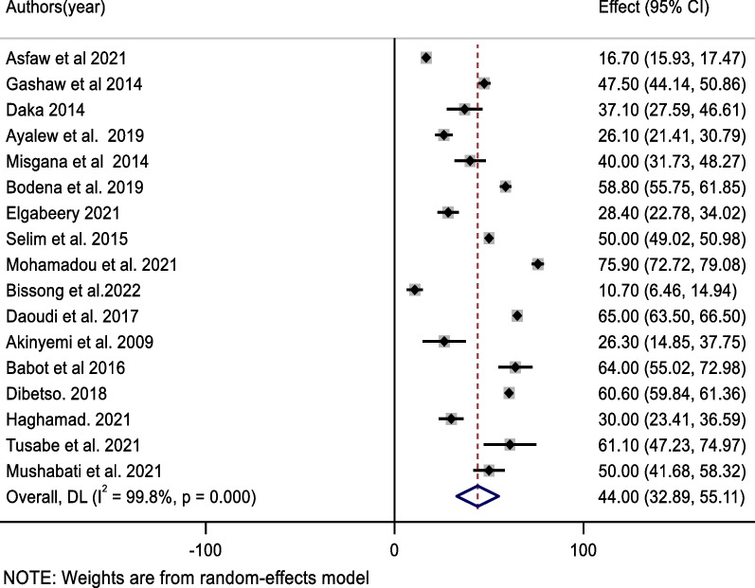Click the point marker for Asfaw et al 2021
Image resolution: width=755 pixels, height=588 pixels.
425,59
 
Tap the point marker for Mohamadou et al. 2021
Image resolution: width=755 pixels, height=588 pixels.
538,264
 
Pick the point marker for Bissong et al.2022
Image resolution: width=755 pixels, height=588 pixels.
414,290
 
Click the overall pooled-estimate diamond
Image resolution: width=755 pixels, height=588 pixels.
477,495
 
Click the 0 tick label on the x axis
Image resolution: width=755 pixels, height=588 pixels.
394,548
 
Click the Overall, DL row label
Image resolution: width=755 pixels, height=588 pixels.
130,495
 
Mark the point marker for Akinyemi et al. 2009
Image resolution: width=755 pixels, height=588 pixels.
443,341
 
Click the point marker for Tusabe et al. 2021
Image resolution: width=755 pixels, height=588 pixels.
510,444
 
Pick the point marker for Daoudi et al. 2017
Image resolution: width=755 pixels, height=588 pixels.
517,315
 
